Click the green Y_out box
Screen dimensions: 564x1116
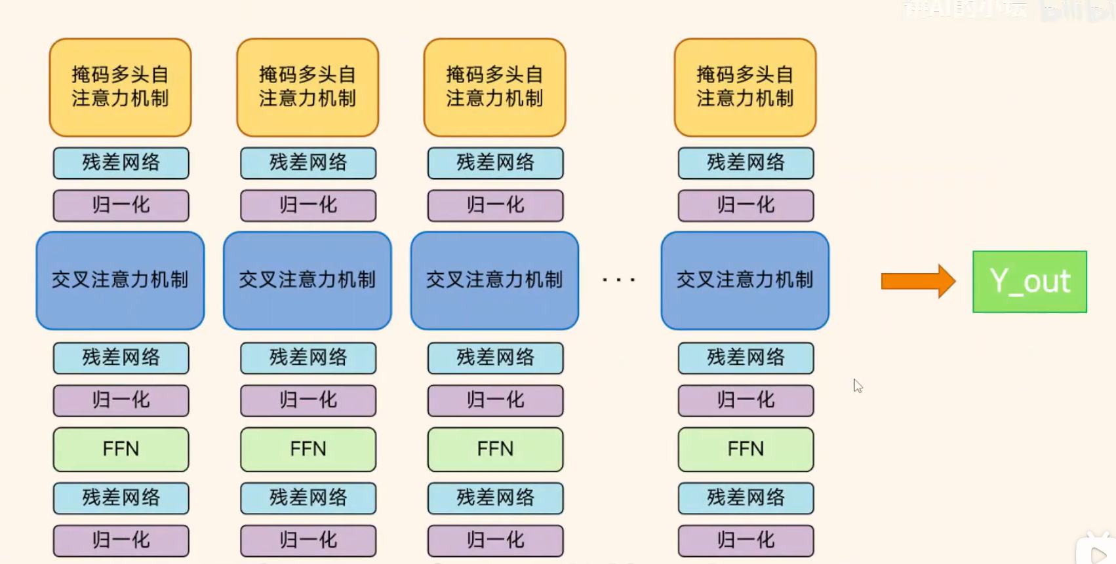coord(1029,282)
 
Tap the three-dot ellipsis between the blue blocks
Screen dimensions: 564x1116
coord(619,280)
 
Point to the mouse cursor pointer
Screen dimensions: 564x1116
coord(857,386)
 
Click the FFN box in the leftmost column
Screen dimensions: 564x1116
coord(121,449)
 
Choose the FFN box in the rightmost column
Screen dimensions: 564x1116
coord(746,449)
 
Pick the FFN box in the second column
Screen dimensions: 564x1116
coord(308,449)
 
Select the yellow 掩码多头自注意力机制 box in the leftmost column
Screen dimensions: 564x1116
coord(120,87)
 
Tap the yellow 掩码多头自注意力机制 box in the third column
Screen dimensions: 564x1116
coord(494,87)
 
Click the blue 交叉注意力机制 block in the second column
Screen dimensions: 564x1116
coord(308,280)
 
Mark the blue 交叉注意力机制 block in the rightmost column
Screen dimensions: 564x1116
coord(745,280)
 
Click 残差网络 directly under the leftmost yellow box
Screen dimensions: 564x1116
coord(121,163)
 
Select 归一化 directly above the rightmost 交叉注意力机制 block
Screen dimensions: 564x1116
coord(746,206)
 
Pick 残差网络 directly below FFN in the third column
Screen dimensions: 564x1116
coord(495,498)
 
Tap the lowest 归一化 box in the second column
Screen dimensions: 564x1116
coord(308,540)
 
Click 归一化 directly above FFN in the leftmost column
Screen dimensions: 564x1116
coord(121,400)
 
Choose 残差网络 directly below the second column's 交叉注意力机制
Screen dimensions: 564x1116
coord(308,358)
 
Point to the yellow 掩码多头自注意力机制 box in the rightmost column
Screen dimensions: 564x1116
coord(745,87)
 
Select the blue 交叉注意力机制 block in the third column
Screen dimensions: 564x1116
coord(494,280)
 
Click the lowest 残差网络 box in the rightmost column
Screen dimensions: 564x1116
coord(746,498)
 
